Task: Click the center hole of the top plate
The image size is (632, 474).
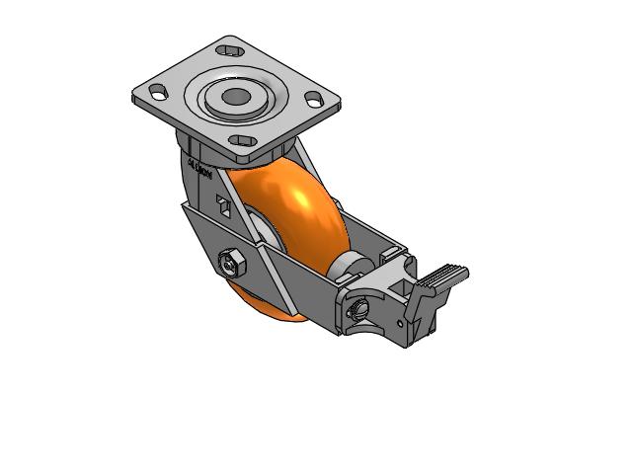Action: tap(236, 97)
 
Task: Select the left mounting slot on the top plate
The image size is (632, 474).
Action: tap(156, 92)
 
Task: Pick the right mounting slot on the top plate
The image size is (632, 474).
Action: tap(314, 99)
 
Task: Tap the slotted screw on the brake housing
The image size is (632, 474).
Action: tap(358, 310)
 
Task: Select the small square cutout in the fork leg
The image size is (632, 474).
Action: tap(224, 206)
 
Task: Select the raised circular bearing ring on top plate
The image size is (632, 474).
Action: tap(236, 97)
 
